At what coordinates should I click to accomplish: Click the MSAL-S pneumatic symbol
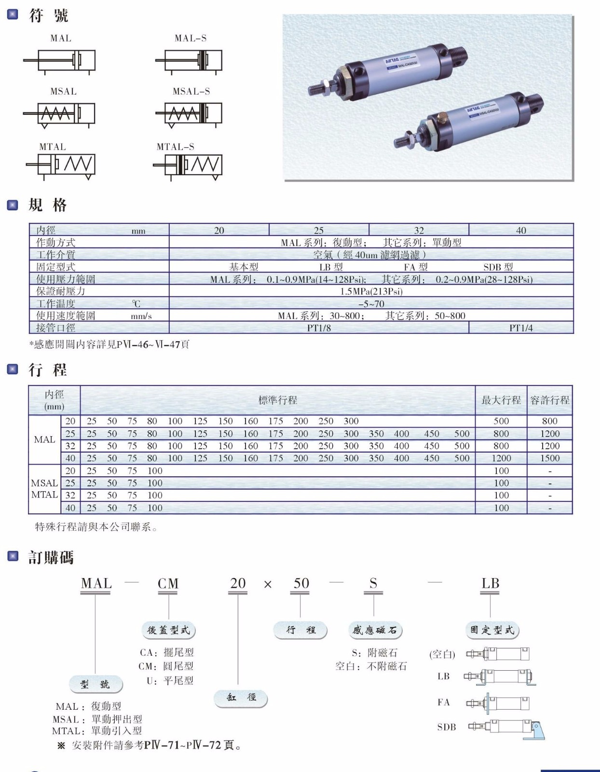coord(189,114)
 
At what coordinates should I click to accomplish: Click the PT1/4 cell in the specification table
coord(521,328)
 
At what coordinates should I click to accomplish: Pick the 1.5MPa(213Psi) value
coord(371,291)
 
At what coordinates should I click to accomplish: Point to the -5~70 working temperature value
coord(371,303)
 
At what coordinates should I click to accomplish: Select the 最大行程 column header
coord(501,400)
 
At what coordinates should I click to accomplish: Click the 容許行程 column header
coord(550,400)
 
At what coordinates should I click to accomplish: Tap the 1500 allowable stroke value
coord(550,458)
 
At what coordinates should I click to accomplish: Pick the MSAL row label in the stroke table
coord(44,483)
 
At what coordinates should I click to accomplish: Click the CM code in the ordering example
coord(168,584)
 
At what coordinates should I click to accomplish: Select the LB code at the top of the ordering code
coord(490,583)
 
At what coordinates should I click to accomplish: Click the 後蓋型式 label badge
coord(168,630)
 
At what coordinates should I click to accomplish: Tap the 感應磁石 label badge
coord(375,630)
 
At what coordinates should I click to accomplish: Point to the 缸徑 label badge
coord(241,698)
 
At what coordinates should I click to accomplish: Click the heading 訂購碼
coord(51,558)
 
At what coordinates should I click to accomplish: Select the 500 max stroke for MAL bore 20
coord(501,421)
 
